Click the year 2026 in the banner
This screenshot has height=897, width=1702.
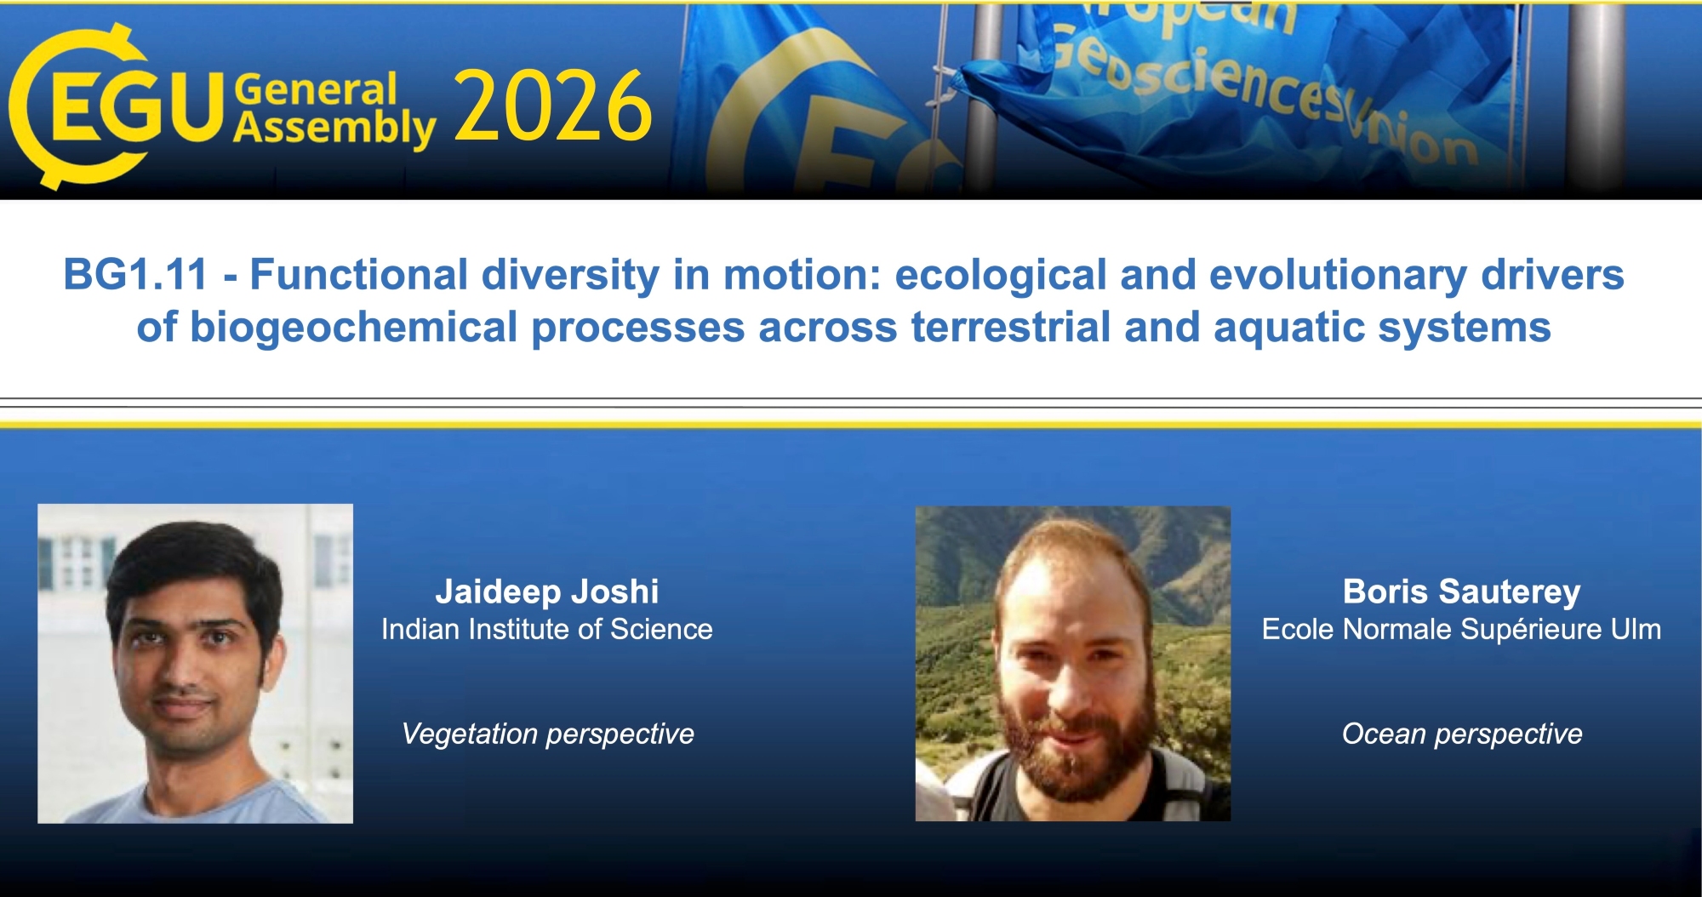point(553,106)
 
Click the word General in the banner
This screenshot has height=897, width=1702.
point(316,89)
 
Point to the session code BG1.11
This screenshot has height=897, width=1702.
point(135,275)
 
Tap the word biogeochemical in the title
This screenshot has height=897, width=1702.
point(354,328)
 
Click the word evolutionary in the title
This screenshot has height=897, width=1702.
point(1339,275)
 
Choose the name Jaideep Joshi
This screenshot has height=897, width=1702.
point(547,591)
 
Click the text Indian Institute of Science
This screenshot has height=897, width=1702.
point(547,629)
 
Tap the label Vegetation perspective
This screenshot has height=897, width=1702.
point(548,734)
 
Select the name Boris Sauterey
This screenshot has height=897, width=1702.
point(1461,591)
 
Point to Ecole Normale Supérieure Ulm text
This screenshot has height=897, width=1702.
point(1461,629)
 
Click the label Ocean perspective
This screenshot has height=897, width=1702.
point(1462,734)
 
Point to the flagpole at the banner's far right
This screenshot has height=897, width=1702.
point(1595,98)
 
